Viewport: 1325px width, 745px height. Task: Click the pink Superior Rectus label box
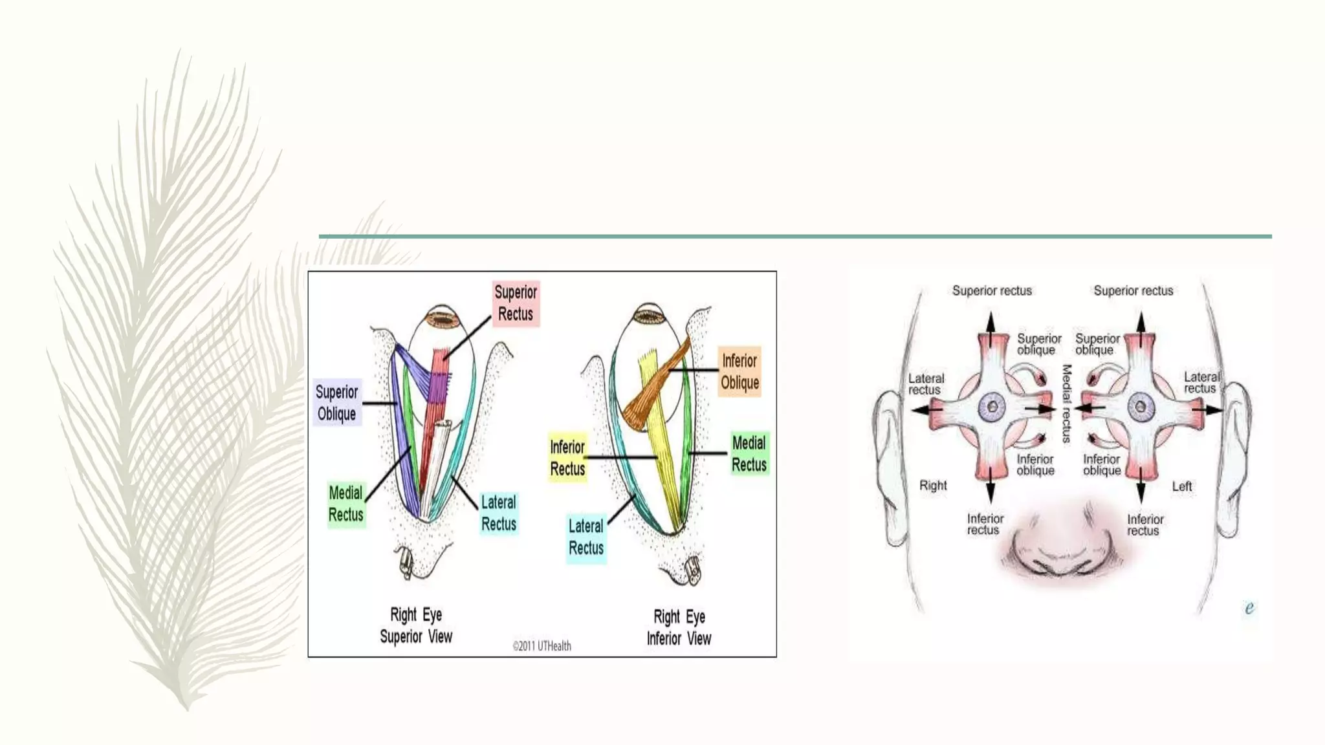[x=516, y=303]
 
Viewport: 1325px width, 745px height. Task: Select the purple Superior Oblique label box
[x=336, y=402]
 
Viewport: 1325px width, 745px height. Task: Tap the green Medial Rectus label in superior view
[x=346, y=504]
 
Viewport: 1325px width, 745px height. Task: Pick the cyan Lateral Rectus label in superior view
[x=499, y=513]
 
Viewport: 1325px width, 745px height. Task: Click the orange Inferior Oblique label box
[x=739, y=372]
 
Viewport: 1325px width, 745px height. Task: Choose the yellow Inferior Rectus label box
[x=567, y=457]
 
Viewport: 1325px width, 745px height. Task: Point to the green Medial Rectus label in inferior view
[x=749, y=453]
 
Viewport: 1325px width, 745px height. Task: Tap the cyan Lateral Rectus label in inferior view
[x=586, y=537]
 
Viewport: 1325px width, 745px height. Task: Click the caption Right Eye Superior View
[x=416, y=625]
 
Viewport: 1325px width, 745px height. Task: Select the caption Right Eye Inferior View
[x=679, y=627]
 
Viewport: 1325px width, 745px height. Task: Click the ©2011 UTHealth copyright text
[x=542, y=645]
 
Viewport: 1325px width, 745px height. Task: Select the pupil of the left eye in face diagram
[x=1141, y=407]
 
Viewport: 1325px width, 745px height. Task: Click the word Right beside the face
[x=933, y=485]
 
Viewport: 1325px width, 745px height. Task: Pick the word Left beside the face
[x=1182, y=486]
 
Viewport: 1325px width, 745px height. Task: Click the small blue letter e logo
[x=1249, y=608]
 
